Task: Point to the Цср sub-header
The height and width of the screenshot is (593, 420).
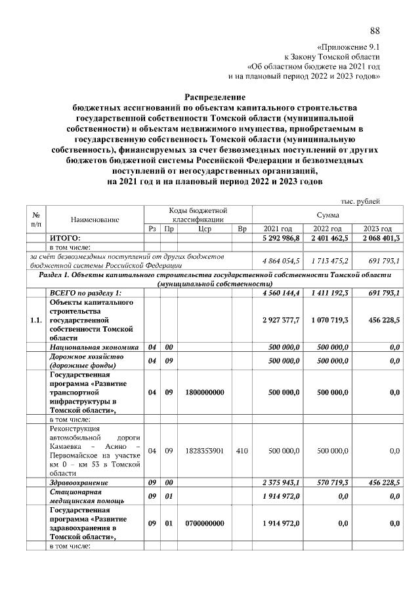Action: click(204, 228)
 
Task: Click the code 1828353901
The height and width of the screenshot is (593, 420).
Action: click(204, 451)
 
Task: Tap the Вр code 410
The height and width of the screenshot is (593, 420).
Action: click(241, 451)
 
